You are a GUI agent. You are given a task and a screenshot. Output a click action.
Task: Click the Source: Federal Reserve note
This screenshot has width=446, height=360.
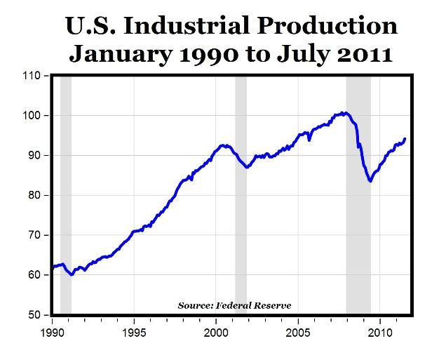(234, 305)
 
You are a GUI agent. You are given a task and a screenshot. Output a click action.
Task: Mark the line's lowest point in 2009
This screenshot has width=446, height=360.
(370, 181)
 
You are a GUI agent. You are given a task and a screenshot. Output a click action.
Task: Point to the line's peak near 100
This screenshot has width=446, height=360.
(342, 112)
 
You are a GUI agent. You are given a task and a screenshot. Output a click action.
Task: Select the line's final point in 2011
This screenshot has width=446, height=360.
(405, 138)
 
